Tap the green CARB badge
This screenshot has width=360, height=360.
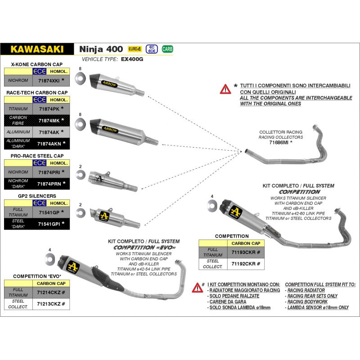pyautogui.click(x=167, y=49)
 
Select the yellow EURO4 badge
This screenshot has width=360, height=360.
pyautogui.click(x=135, y=49)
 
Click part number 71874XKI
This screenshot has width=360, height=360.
pyautogui.click(x=49, y=80)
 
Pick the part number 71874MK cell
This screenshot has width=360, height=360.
pyautogui.click(x=49, y=120)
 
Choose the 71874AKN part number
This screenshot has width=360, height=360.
pyautogui.click(x=49, y=144)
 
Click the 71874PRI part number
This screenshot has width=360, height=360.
pyautogui.click(x=49, y=172)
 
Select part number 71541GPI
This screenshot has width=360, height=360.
pyautogui.click(x=49, y=223)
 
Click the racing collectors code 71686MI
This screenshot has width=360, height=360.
pyautogui.click(x=280, y=142)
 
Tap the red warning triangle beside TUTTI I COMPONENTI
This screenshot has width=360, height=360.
pyautogui.click(x=225, y=88)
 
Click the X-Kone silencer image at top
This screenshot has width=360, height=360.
pyautogui.click(x=117, y=84)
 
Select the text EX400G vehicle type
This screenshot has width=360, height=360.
pyautogui.click(x=132, y=59)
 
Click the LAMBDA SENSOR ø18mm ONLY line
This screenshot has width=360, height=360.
pyautogui.click(x=317, y=307)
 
